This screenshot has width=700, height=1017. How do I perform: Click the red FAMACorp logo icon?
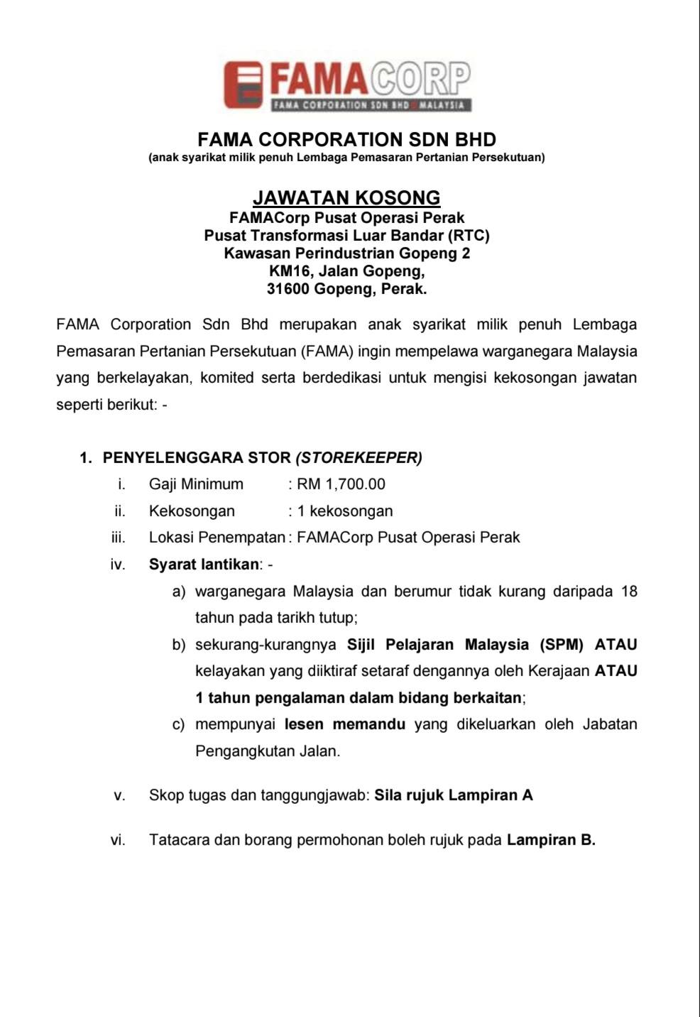244,85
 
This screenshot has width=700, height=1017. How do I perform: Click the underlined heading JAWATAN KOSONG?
346,197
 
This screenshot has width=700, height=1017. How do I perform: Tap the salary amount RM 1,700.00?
341,484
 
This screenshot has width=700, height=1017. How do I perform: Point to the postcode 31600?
288,289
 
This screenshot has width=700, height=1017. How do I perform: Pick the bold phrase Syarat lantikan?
204,565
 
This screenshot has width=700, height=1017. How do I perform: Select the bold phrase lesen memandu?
345,724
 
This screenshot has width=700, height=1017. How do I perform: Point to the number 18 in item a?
628,592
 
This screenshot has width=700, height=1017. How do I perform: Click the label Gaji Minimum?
196,484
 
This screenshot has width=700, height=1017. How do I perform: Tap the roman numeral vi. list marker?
118,840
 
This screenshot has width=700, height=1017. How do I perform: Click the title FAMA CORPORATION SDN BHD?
346,139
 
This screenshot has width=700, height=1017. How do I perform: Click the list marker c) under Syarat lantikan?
179,724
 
